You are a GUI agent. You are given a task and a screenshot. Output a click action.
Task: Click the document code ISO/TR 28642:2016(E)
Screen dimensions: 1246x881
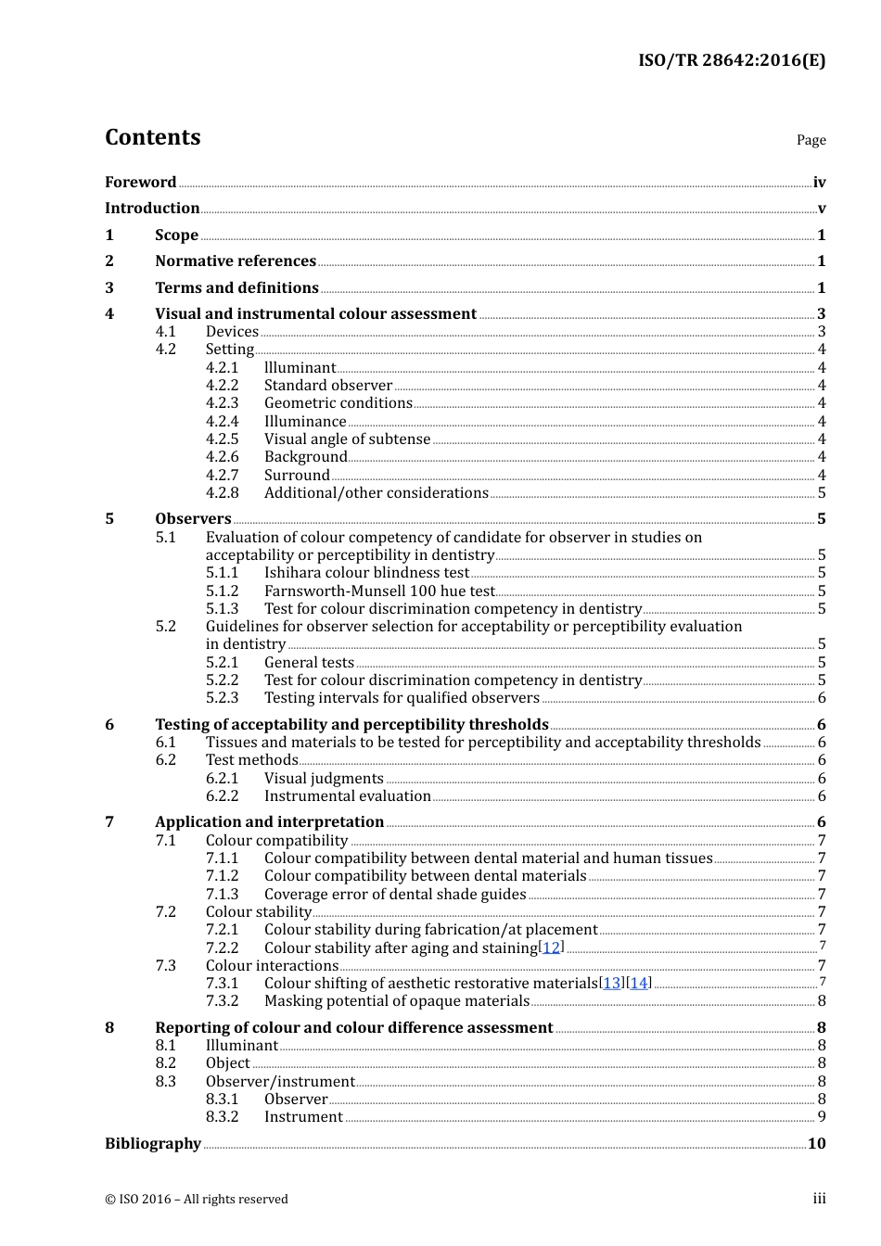(731, 60)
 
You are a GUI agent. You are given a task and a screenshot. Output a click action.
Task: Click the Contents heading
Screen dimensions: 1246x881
(152, 137)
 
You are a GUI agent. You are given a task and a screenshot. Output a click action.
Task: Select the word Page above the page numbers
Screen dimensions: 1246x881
(811, 140)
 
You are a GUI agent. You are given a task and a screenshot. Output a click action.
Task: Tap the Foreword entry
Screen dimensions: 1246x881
(140, 182)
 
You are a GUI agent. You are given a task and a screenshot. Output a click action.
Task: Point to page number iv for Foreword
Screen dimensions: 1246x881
(819, 183)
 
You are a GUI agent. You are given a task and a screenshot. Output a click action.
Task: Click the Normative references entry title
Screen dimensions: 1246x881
(236, 261)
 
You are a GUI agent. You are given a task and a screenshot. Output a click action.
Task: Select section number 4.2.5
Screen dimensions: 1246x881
(222, 439)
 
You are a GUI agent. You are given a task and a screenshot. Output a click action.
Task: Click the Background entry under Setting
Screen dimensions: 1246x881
(305, 457)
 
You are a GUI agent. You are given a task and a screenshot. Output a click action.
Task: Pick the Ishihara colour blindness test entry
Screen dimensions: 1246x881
(366, 573)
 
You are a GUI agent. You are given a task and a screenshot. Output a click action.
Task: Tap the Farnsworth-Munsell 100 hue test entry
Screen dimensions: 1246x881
(379, 591)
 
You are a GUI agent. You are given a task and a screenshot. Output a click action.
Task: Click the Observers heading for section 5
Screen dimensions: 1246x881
(193, 519)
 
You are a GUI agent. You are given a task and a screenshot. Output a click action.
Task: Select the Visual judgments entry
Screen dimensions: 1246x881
(324, 779)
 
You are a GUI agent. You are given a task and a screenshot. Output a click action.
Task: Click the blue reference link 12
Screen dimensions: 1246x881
(552, 947)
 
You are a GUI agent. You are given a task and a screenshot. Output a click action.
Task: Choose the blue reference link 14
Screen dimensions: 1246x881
(638, 984)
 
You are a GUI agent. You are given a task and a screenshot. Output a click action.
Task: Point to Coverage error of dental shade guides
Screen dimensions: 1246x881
(395, 895)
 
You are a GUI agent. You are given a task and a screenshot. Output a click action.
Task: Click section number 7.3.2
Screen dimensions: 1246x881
(222, 1001)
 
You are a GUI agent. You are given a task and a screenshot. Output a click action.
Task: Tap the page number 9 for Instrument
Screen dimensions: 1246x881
(822, 1117)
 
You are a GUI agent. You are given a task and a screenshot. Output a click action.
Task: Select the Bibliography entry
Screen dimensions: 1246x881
(153, 1144)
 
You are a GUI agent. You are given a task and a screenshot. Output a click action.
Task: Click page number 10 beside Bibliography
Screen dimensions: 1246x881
(816, 1144)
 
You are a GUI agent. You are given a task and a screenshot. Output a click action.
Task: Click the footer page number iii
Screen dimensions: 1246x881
(819, 1199)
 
